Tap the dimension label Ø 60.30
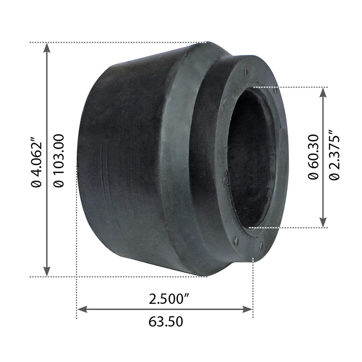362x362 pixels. pyautogui.click(x=313, y=156)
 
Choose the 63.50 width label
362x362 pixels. pyautogui.click(x=165, y=321)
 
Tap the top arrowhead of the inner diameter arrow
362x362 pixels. pyautogui.click(x=323, y=92)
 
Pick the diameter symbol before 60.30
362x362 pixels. pyautogui.click(x=313, y=175)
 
